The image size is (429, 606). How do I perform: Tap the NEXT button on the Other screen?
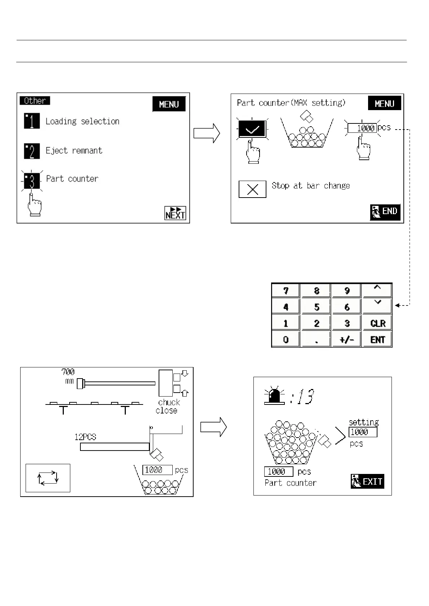tap(175, 213)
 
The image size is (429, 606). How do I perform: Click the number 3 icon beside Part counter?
tap(32, 181)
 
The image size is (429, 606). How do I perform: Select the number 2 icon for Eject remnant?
tap(32, 151)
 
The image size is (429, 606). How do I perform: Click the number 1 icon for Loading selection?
tap(32, 121)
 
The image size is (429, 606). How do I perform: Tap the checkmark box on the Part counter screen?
tap(252, 129)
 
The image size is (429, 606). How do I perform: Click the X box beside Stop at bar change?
tap(252, 189)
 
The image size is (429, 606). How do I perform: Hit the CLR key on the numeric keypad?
tap(377, 323)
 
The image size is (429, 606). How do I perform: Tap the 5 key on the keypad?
tap(316, 307)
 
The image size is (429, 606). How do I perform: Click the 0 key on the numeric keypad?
tap(286, 339)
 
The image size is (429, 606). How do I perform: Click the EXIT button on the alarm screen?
tap(367, 481)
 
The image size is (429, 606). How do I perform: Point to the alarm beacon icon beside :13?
tap(274, 396)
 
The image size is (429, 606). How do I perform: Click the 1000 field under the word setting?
tap(363, 432)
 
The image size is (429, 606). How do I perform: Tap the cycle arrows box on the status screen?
tap(48, 478)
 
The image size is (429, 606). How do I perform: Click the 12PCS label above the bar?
tap(85, 437)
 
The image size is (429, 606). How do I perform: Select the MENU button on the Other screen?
tap(169, 104)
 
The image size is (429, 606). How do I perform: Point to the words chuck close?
tap(168, 406)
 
